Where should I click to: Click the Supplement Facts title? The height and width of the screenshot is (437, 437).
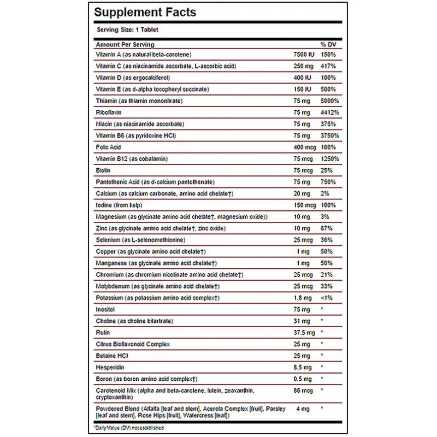(x=145, y=12)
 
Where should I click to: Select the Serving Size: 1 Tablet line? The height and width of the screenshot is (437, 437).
(x=120, y=29)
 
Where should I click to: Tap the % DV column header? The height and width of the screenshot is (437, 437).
(x=329, y=45)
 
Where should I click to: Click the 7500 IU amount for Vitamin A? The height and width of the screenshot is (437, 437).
(x=304, y=55)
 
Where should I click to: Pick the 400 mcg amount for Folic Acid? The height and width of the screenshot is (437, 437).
(x=305, y=147)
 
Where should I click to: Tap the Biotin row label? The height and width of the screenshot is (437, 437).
(x=104, y=170)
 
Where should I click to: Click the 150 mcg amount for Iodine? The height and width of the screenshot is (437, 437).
(x=305, y=205)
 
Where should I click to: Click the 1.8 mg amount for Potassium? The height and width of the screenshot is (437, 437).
(x=304, y=298)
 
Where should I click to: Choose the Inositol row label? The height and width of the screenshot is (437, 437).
(x=106, y=309)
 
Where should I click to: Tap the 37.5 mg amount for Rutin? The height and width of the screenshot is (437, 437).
(x=305, y=332)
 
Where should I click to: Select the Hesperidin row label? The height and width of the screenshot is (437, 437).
(x=110, y=367)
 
